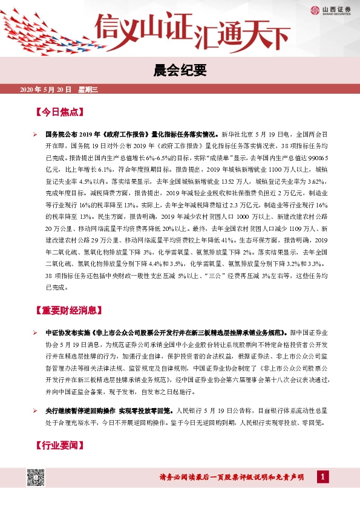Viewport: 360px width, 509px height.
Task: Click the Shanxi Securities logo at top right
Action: [333, 9]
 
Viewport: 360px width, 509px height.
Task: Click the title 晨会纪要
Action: [180, 71]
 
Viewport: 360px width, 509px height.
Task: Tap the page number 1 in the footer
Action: [324, 478]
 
